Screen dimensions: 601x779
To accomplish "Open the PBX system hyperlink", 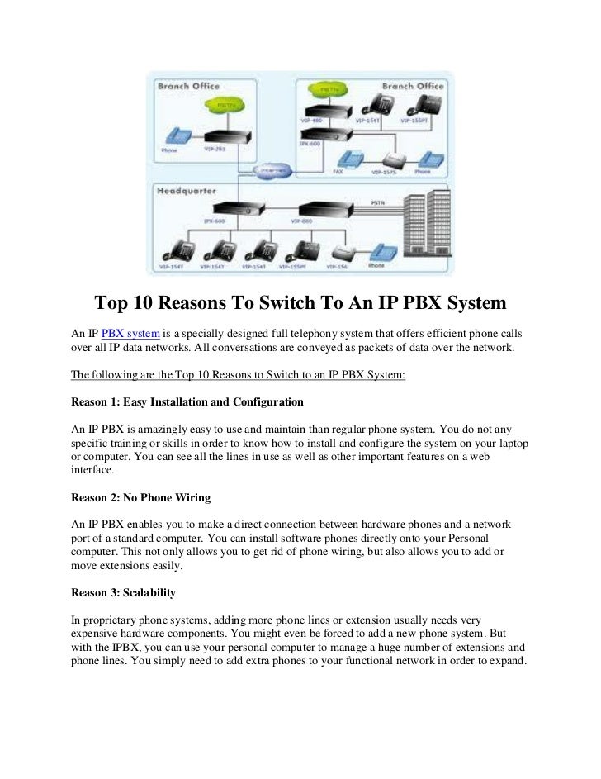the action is [125, 333].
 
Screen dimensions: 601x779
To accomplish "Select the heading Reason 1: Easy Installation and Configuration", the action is [187, 402].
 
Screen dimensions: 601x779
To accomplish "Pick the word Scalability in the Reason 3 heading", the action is [146, 593].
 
